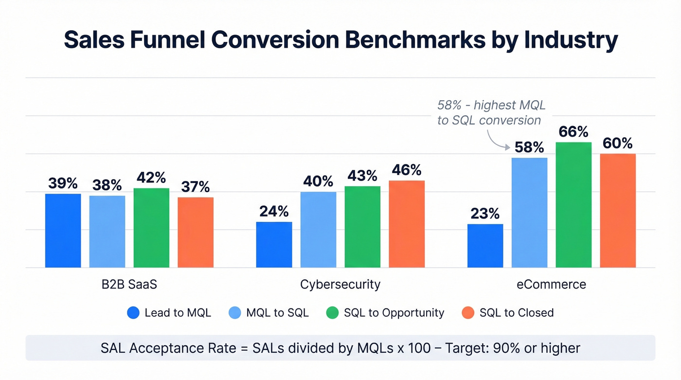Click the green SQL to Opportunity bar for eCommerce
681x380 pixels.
[x=573, y=205]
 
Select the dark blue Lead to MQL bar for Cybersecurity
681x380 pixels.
[x=274, y=245]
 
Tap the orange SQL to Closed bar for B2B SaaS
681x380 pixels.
[x=195, y=232]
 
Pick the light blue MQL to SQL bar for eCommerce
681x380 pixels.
[x=529, y=213]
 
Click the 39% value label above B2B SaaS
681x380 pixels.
[x=63, y=183]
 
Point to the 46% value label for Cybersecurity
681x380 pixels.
[x=406, y=170]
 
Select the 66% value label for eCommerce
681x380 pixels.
[x=573, y=132]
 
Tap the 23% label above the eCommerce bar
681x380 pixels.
[x=485, y=214]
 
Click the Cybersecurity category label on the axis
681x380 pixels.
[x=340, y=285]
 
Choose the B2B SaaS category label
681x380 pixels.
[x=129, y=285]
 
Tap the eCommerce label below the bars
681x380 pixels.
[x=551, y=285]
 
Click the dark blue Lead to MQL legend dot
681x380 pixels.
[x=133, y=313]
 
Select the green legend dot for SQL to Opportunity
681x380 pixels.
[x=332, y=313]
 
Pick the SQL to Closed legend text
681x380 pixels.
[x=516, y=313]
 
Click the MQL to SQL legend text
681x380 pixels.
[x=277, y=313]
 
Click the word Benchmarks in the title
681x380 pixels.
[x=415, y=40]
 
